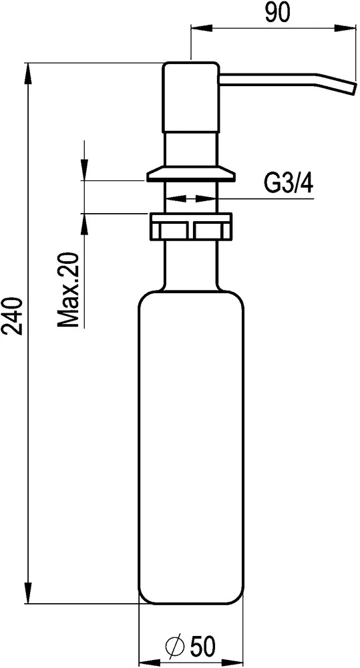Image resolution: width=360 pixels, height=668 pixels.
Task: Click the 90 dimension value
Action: click(277, 13)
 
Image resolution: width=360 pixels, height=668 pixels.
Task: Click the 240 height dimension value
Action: click(13, 316)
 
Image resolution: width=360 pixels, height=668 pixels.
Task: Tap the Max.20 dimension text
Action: click(69, 291)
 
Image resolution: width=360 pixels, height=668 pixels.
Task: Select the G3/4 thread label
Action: click(289, 184)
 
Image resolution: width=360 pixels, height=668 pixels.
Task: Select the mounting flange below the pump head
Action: click(190, 174)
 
